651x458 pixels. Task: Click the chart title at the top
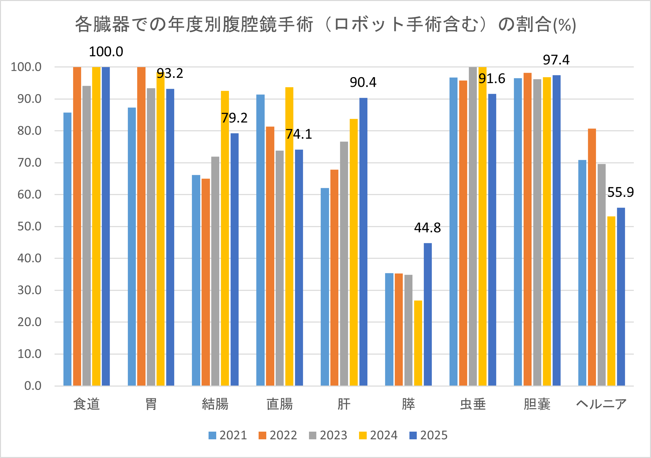pyautogui.click(x=325, y=25)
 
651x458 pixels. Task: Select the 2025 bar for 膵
pyautogui.click(x=427, y=314)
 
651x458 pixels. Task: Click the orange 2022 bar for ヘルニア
pyautogui.click(x=592, y=257)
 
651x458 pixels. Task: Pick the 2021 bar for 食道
pyautogui.click(x=67, y=249)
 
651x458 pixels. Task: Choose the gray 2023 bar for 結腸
pyautogui.click(x=215, y=271)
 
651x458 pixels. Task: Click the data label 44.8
pyautogui.click(x=427, y=228)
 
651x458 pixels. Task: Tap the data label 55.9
pyautogui.click(x=620, y=193)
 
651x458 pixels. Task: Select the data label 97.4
pyautogui.click(x=556, y=60)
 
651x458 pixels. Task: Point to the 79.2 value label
pyautogui.click(x=234, y=118)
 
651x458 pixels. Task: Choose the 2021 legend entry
pyautogui.click(x=228, y=435)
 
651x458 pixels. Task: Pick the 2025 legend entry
pyautogui.click(x=428, y=435)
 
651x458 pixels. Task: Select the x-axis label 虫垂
pyautogui.click(x=472, y=404)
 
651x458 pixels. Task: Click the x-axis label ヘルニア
pyautogui.click(x=601, y=404)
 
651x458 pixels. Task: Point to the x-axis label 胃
pyautogui.click(x=151, y=404)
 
